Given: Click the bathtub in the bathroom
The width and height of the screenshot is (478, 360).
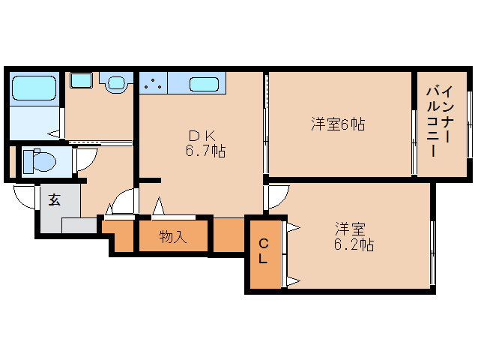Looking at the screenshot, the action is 34,88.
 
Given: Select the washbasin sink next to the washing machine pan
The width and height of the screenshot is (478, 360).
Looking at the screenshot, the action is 116,82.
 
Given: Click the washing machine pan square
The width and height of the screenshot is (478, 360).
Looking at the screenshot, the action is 81,80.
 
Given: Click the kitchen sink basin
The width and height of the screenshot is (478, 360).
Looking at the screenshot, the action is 204,84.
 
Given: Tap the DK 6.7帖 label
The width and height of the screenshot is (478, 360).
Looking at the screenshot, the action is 205,143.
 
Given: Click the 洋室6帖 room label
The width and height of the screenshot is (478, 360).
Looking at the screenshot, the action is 338,124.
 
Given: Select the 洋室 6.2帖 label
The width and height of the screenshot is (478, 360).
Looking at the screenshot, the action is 354,237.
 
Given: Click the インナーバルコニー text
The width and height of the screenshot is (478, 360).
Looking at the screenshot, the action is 440,121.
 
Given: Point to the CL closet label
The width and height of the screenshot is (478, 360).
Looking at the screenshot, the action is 263,251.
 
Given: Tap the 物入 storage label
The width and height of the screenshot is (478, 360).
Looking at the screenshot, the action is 173,237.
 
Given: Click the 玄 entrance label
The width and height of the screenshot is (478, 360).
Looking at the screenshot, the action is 55,199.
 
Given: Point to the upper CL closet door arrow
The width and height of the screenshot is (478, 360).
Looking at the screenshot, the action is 293,227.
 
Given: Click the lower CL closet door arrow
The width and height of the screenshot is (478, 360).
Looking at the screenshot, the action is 293,281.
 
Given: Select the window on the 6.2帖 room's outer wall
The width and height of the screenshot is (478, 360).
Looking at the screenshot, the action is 432,253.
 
